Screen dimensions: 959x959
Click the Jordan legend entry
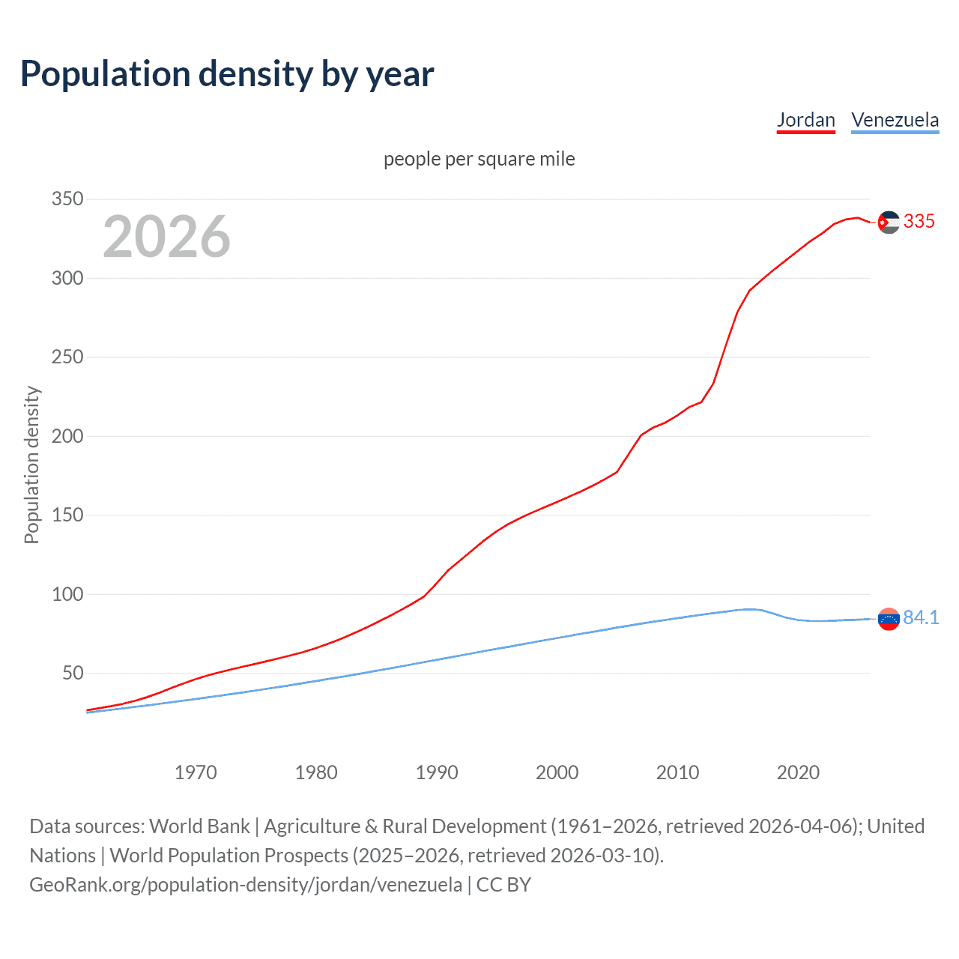(x=805, y=120)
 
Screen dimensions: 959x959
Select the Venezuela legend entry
(x=895, y=120)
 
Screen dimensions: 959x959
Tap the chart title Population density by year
(x=227, y=73)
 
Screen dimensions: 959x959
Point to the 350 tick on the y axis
(x=67, y=199)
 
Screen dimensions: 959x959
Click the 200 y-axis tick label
(x=67, y=436)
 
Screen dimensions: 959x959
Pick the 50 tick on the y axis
(x=72, y=674)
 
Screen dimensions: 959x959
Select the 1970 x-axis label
(x=196, y=772)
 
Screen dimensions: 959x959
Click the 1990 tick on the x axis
(x=437, y=772)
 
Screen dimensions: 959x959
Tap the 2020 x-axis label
(x=798, y=772)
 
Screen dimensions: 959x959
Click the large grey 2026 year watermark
(x=166, y=237)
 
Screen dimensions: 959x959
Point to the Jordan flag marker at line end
(x=889, y=222)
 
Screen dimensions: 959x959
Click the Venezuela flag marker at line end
(x=889, y=619)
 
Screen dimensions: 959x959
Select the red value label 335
(x=919, y=221)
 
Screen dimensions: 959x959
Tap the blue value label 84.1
(x=921, y=617)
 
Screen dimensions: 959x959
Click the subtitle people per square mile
(x=479, y=159)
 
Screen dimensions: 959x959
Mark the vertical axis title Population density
(x=31, y=465)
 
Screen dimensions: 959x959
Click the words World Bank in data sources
(x=199, y=826)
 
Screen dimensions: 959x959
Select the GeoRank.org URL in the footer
(x=246, y=885)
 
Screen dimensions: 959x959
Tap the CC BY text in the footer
(x=503, y=885)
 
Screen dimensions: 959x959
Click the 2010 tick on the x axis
(x=677, y=772)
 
